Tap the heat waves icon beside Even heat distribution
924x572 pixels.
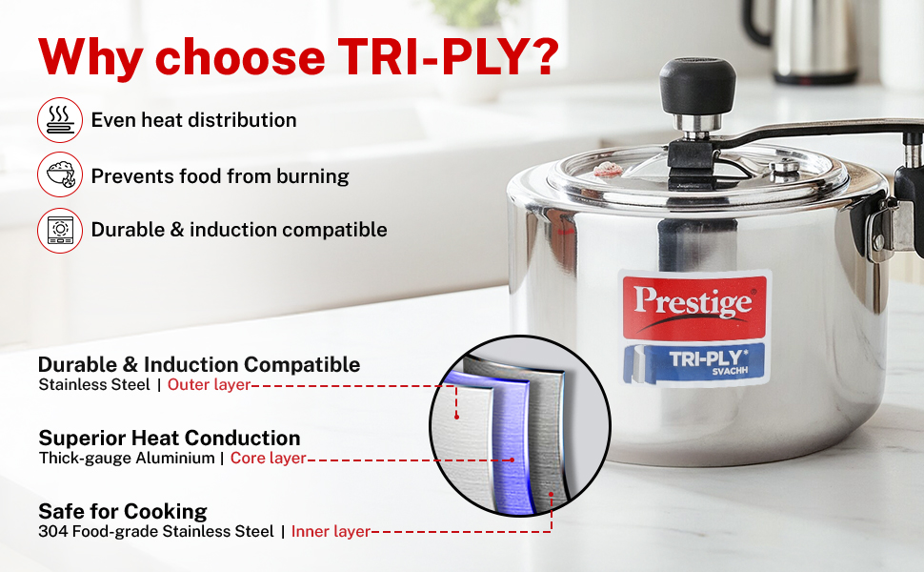pyautogui.click(x=60, y=120)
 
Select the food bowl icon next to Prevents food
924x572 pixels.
pyautogui.click(x=60, y=174)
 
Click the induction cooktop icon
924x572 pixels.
pyautogui.click(x=60, y=230)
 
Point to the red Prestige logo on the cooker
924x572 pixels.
pyautogui.click(x=694, y=307)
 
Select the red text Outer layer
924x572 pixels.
pyautogui.click(x=210, y=385)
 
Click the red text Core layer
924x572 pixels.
pyautogui.click(x=268, y=459)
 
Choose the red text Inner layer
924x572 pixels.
pyautogui.click(x=331, y=532)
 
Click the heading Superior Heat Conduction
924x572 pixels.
pyautogui.click(x=170, y=439)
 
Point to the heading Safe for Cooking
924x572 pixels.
pyautogui.click(x=123, y=511)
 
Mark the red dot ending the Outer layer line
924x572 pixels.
pyautogui.click(x=456, y=417)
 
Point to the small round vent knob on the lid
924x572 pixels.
pyautogui.click(x=784, y=168)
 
